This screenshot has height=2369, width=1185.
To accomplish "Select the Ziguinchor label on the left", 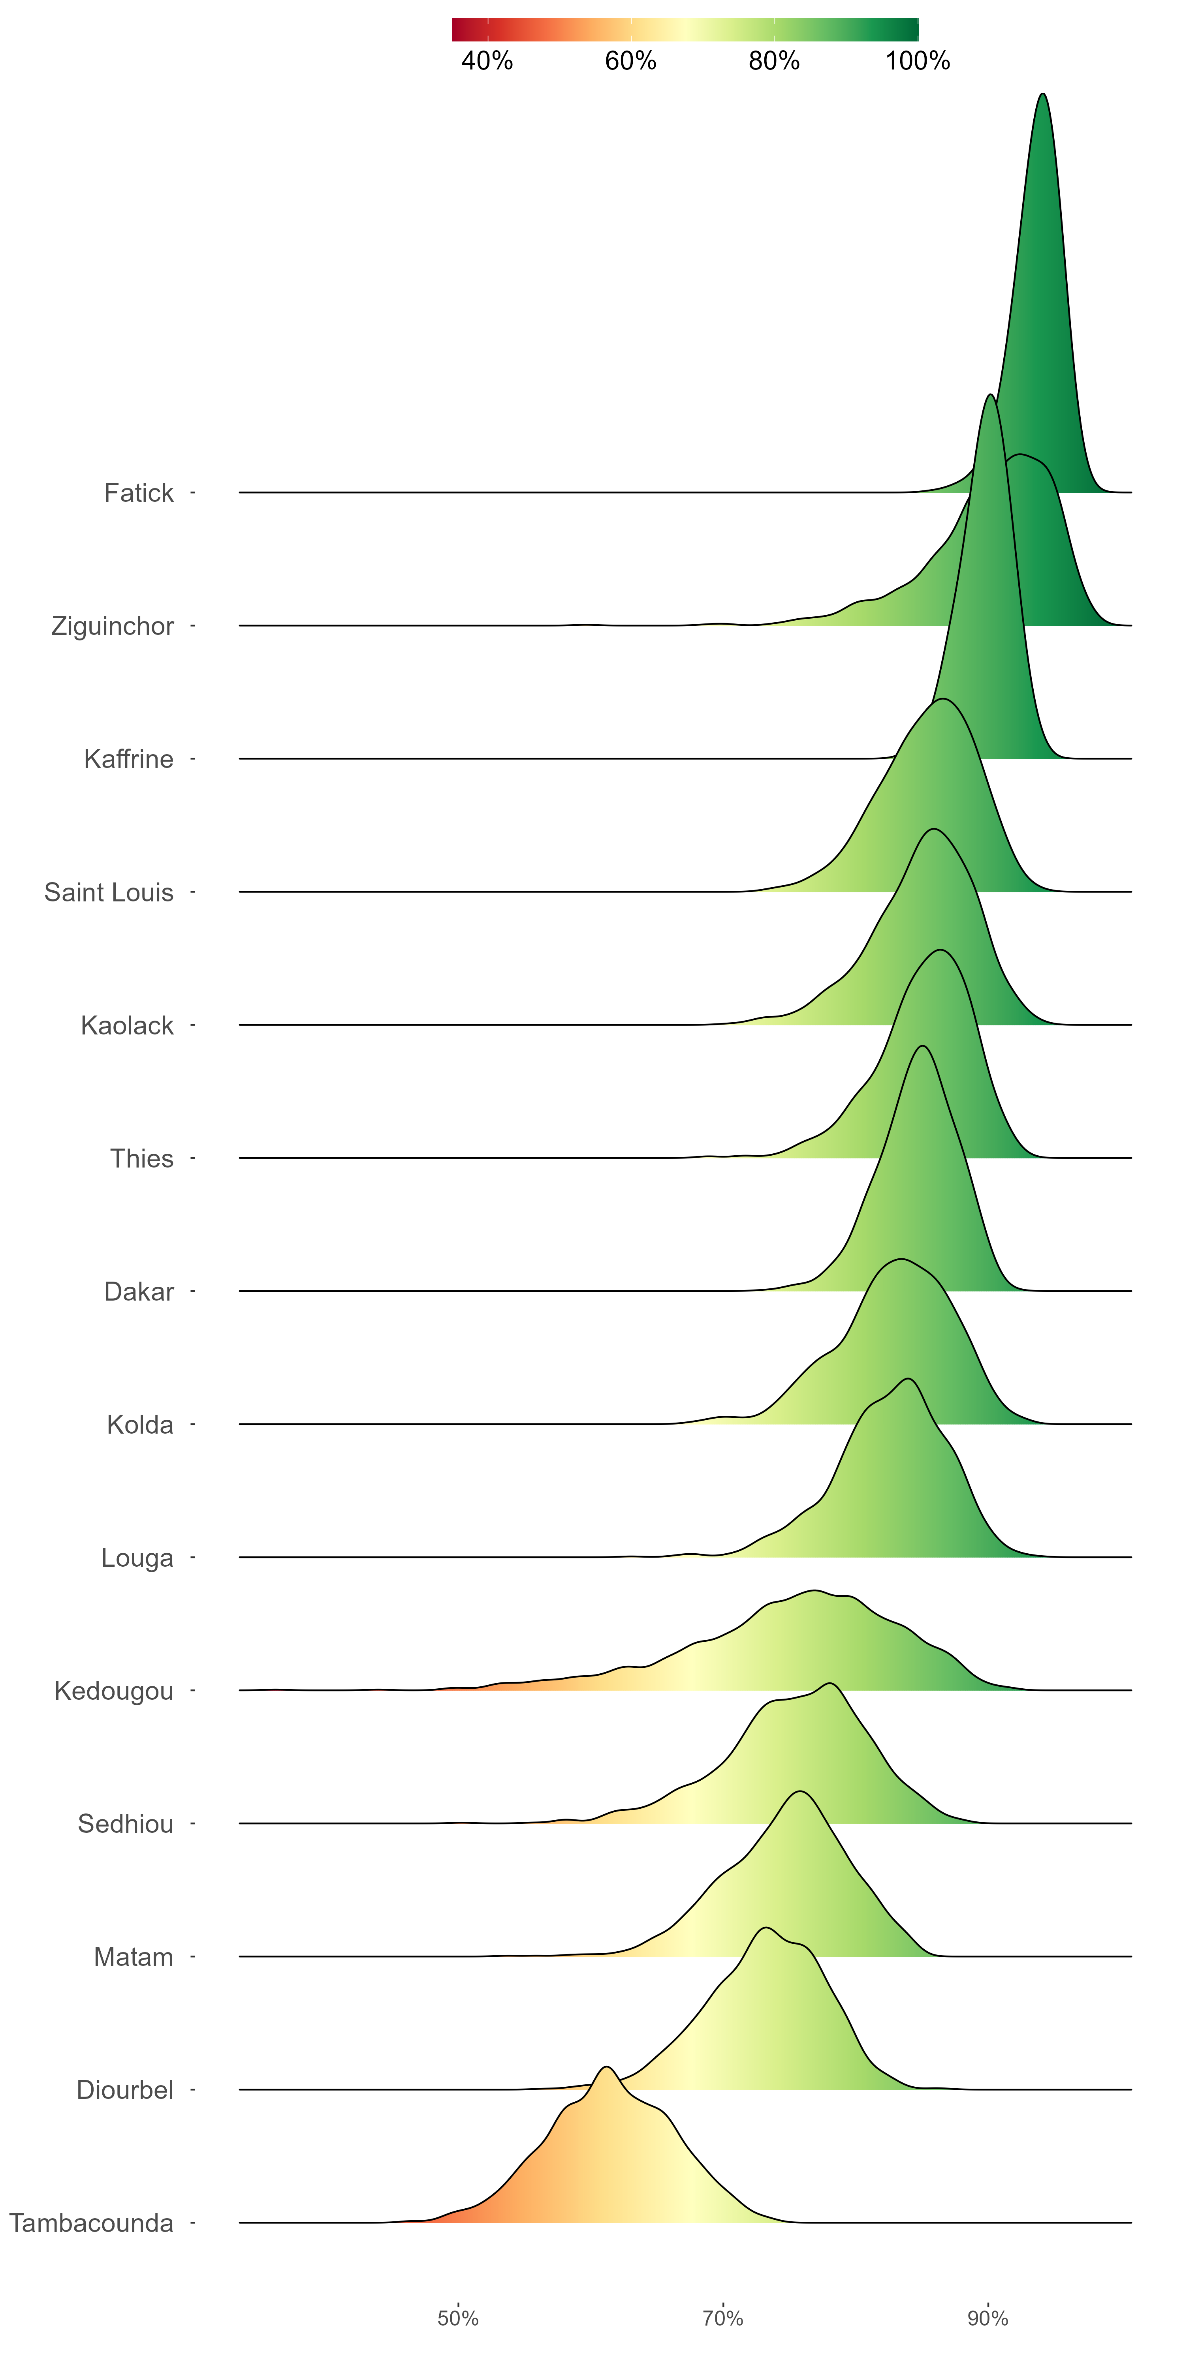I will [x=112, y=626].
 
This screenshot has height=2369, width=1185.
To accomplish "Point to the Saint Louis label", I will [x=109, y=892].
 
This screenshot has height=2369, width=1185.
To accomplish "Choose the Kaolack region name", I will [x=127, y=1025].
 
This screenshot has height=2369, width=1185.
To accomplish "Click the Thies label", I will [x=142, y=1159].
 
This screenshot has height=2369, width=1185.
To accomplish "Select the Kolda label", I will [x=140, y=1425].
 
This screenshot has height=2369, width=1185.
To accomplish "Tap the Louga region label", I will [x=137, y=1558].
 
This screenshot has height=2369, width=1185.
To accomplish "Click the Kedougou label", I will [x=114, y=1691].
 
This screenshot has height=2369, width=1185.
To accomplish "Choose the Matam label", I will [x=134, y=1957].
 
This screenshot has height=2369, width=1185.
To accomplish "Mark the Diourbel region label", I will [x=125, y=2090].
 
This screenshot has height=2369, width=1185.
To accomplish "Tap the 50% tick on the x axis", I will [x=458, y=2318].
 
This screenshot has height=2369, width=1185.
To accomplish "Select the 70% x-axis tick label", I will [x=723, y=2318].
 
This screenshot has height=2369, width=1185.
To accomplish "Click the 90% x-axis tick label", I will [x=988, y=2318].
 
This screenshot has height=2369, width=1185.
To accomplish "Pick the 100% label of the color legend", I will [x=917, y=61].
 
